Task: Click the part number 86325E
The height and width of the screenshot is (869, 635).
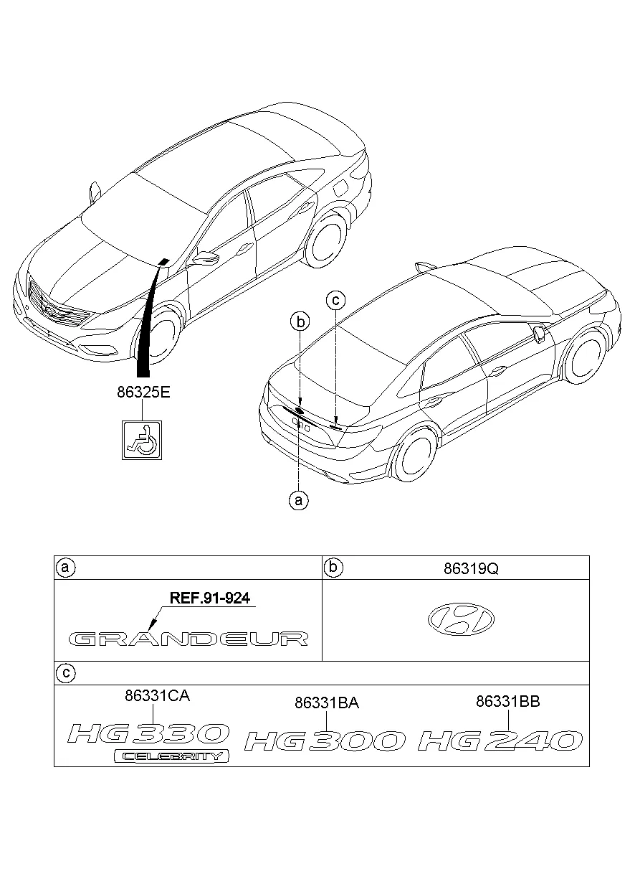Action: pos(143,393)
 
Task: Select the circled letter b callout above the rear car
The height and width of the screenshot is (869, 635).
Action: pos(302,322)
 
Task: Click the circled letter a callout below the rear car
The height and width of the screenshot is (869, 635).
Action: pos(298,499)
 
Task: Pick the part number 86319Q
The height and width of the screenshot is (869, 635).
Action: pos(470,569)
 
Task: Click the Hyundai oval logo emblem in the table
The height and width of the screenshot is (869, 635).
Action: pos(462,618)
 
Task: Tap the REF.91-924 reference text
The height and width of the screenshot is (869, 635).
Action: pos(210,598)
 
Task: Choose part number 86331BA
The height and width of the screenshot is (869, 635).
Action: pos(327,704)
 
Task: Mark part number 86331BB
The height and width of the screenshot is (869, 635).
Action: pos(507,702)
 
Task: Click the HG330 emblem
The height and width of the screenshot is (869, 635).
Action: pos(149,733)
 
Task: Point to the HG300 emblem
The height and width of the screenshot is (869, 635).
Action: pos(325,741)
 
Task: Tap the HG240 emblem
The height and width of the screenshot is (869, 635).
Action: pos(500,740)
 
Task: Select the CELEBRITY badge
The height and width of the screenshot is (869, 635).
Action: pos(172,756)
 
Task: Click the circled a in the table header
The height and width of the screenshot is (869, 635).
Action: pos(65,568)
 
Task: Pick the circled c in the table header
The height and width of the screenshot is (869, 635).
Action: pos(65,673)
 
